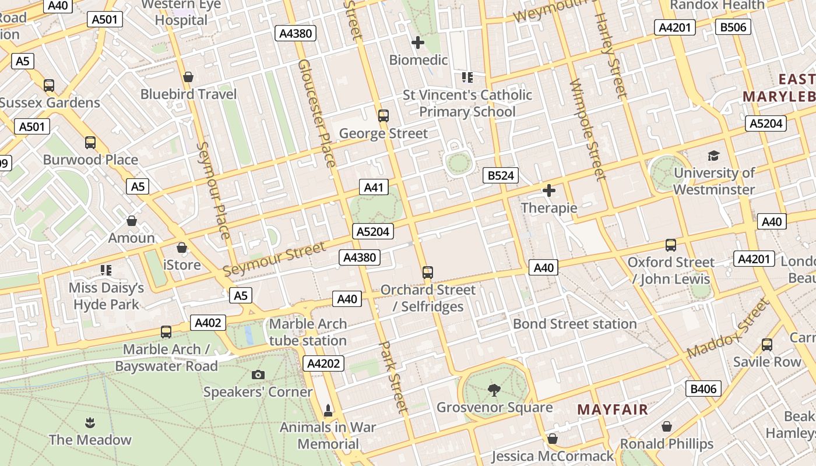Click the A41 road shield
coord(374,187)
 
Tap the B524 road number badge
coord(501,175)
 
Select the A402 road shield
coord(207,323)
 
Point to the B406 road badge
coord(703,389)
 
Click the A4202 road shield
coord(323,364)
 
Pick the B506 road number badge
coord(733,27)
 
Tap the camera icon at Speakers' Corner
coord(258,375)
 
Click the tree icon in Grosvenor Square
coord(494,390)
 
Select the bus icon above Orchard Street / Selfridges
coord(428,272)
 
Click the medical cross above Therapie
coord(548,190)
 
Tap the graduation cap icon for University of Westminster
coord(713,156)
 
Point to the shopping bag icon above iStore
coord(182,248)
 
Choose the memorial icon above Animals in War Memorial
coord(328,411)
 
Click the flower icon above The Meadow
coord(90,422)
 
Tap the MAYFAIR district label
coord(612,409)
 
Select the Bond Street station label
coord(575,324)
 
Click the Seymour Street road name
coord(275,259)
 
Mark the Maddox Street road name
coord(728,329)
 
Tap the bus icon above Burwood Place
coord(90,143)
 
